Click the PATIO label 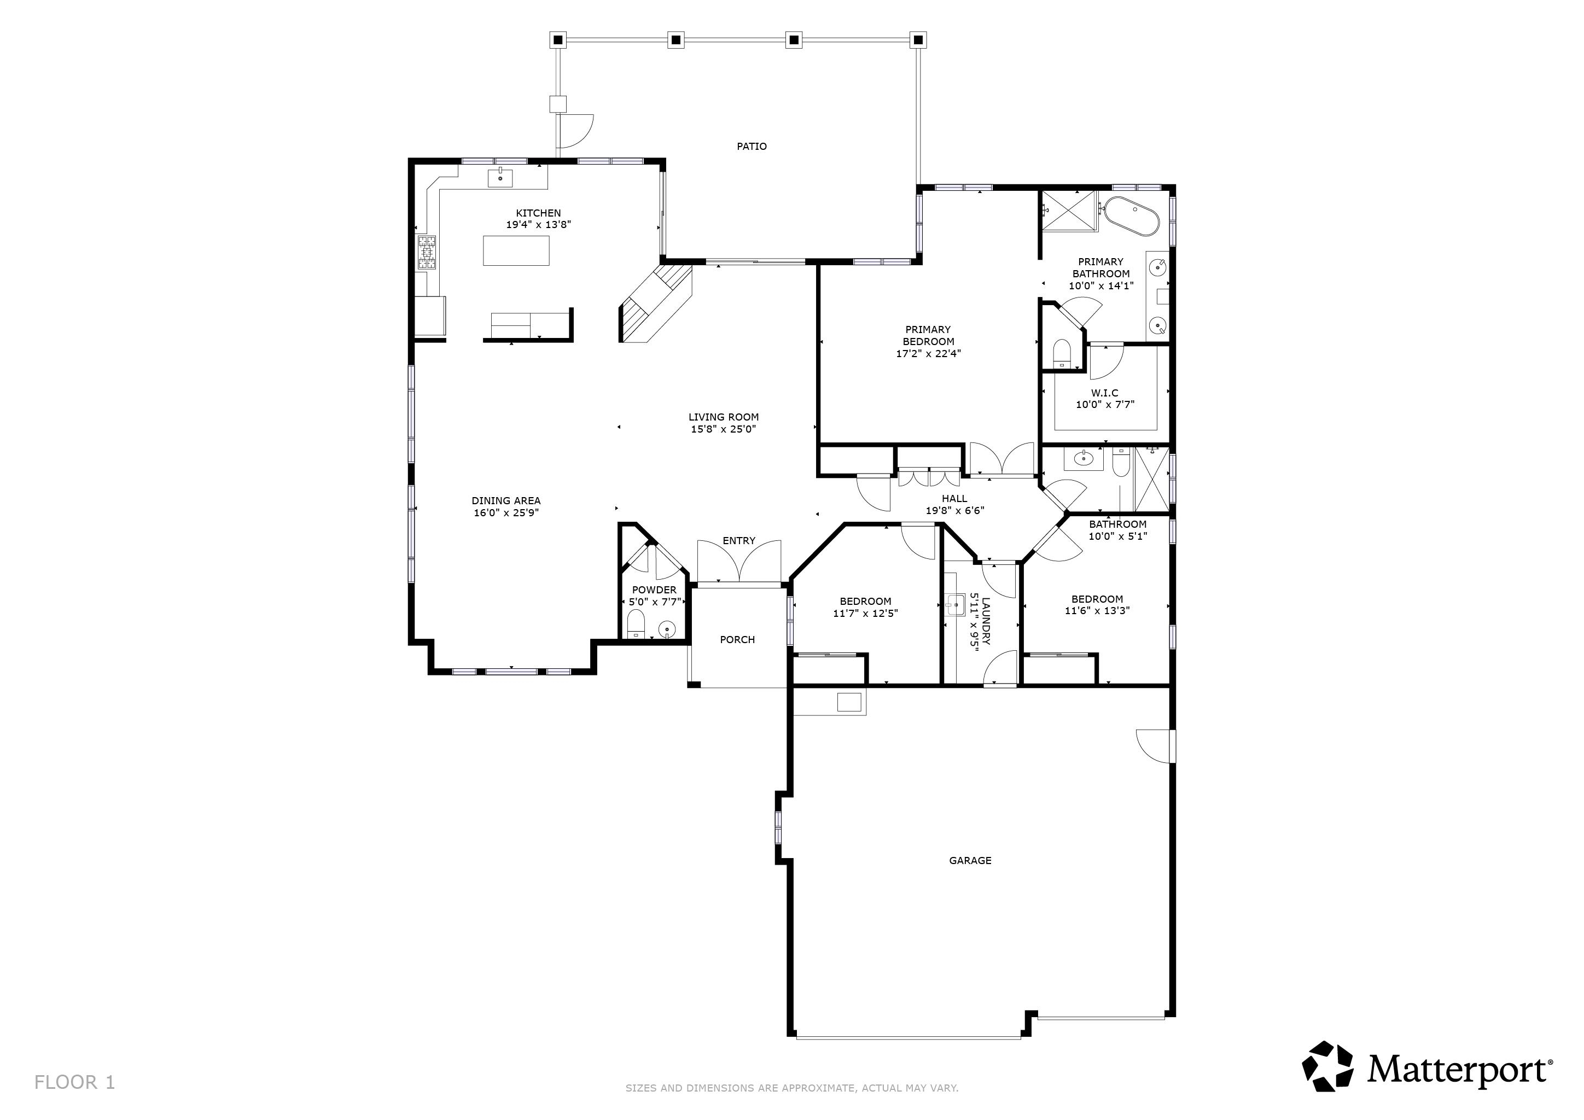[x=752, y=146]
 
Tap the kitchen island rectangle [x=516, y=250]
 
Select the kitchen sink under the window [x=500, y=178]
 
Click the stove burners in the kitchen [x=426, y=253]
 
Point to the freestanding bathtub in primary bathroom [x=1132, y=216]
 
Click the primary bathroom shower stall [x=1069, y=212]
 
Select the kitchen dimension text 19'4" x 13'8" [x=538, y=225]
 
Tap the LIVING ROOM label [x=723, y=417]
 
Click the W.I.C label [x=1104, y=393]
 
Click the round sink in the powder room [x=666, y=628]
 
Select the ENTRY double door [x=739, y=563]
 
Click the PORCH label [x=737, y=639]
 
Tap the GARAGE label [x=970, y=860]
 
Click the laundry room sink [x=956, y=605]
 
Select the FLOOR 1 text [x=74, y=1082]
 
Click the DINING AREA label [x=506, y=501]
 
